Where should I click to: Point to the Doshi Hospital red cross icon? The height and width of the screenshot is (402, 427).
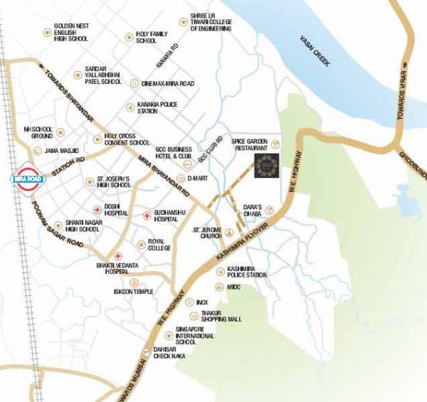click(x=96, y=209)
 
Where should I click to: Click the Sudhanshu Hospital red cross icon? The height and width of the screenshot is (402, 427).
click(x=146, y=214)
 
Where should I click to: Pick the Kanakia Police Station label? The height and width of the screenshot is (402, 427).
click(x=158, y=107)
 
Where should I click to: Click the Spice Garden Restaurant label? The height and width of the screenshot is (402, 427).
click(x=248, y=144)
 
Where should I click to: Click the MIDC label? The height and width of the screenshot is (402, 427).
click(x=235, y=289)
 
